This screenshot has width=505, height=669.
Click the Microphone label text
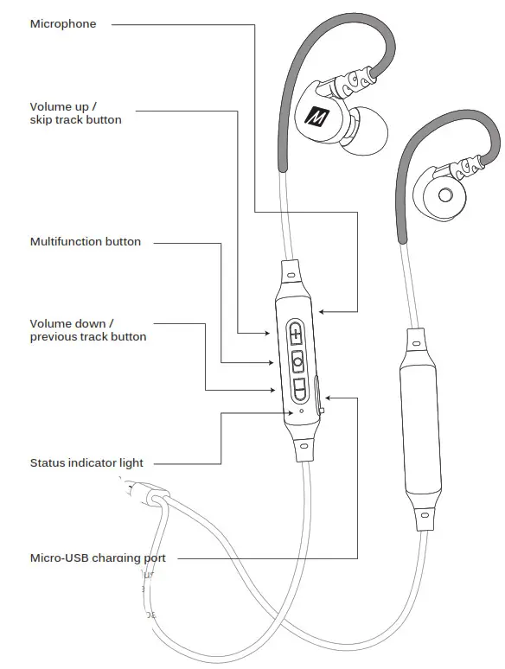(x=63, y=24)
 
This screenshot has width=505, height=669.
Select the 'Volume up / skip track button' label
(x=76, y=113)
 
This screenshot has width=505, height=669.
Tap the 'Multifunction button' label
(x=86, y=242)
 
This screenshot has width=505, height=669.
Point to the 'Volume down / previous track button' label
(x=88, y=330)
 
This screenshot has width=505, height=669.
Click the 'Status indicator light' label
(x=86, y=463)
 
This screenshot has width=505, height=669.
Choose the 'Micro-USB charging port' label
(x=98, y=558)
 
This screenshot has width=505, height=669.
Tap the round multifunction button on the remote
(x=298, y=360)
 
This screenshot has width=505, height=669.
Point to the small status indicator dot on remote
(x=300, y=411)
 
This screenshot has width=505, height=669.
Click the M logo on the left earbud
(x=316, y=117)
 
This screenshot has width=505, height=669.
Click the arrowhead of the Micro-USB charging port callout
(x=329, y=398)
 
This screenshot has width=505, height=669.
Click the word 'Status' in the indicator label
(x=49, y=463)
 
